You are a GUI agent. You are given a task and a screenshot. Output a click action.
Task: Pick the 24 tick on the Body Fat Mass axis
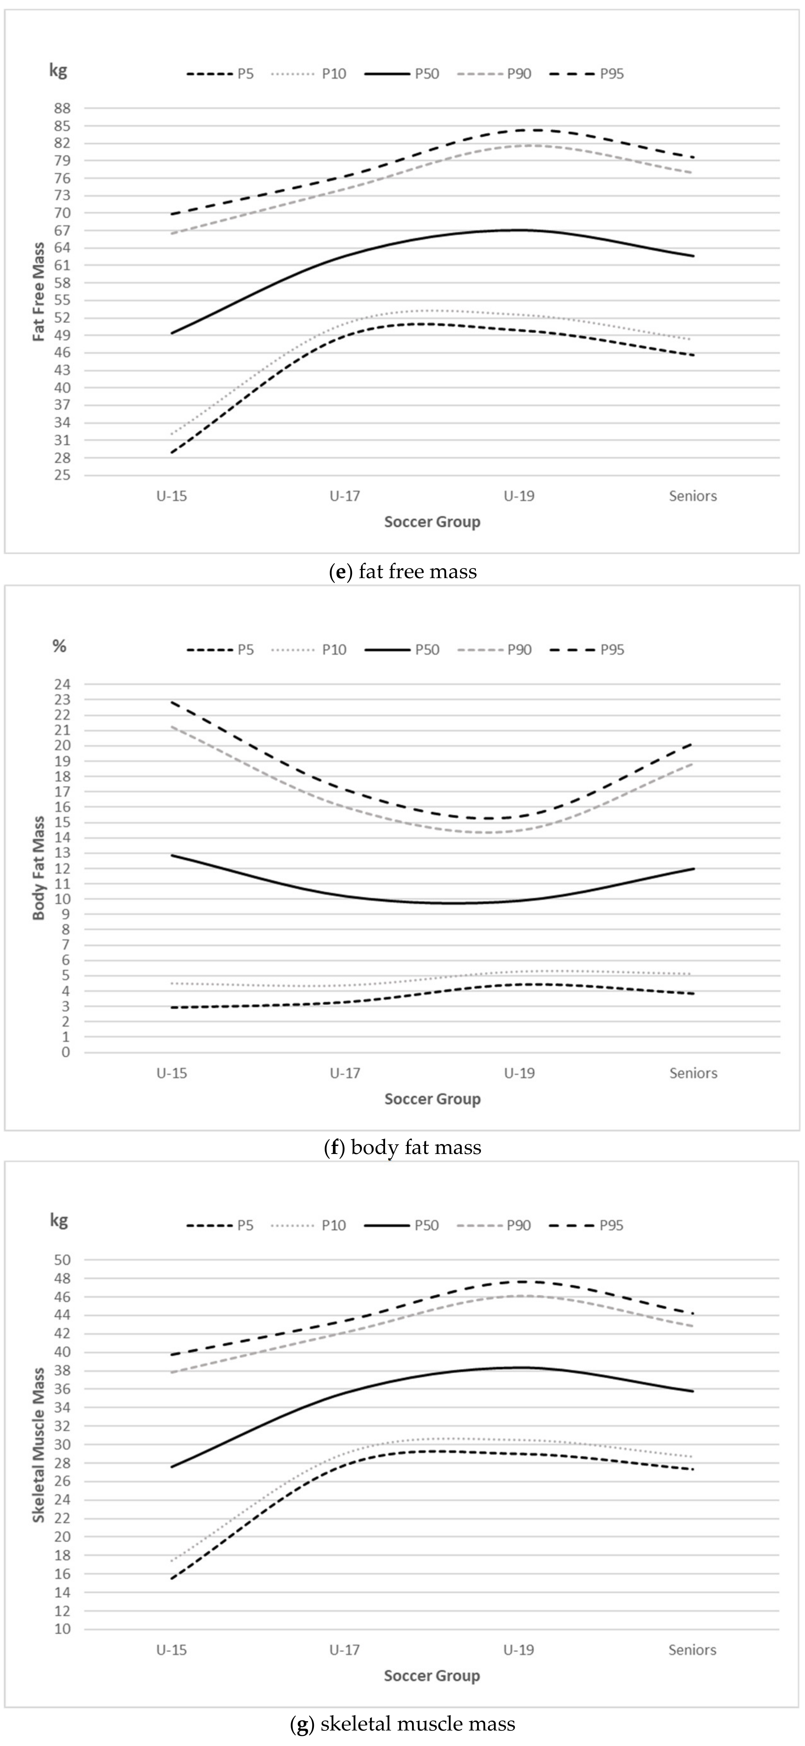[63, 684]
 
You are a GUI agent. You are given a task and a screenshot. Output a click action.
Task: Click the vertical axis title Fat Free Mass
[39, 292]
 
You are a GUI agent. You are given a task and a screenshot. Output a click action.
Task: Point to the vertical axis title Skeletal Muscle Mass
[39, 1444]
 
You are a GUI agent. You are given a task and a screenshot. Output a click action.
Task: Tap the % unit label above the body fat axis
[60, 646]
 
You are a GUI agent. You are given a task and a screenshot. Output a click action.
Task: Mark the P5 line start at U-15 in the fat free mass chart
[172, 452]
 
